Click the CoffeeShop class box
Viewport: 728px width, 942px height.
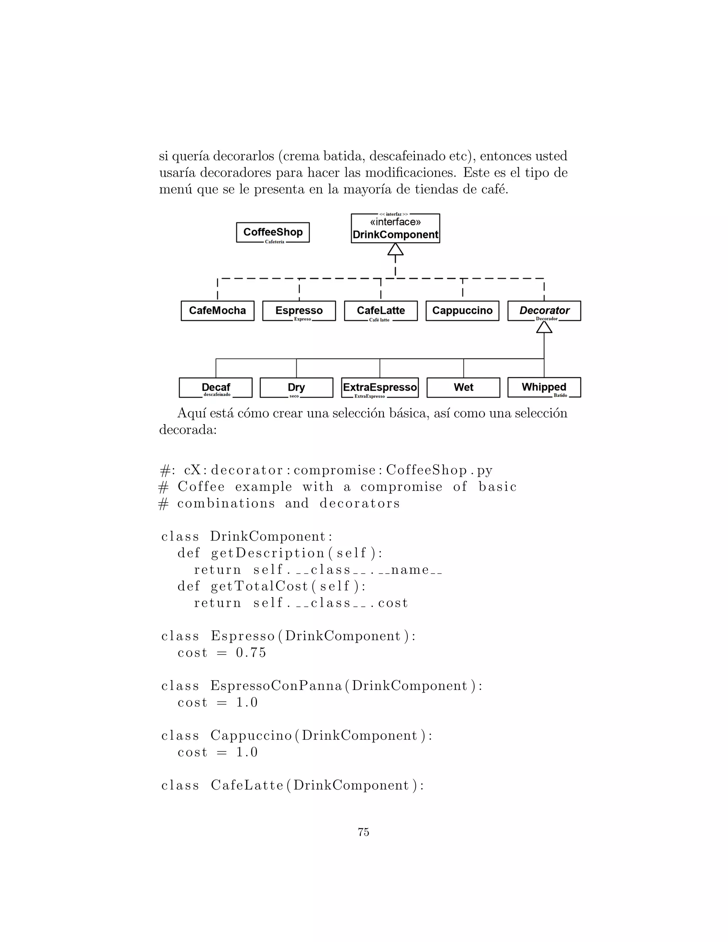click(x=273, y=232)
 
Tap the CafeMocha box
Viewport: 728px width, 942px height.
click(x=217, y=311)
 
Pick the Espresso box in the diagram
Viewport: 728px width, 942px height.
click(x=299, y=311)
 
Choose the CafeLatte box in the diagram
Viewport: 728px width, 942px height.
click(x=381, y=311)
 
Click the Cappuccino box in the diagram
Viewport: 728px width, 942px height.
click(x=462, y=311)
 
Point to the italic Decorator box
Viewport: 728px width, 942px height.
click(x=544, y=311)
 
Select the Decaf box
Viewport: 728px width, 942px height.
click(x=216, y=387)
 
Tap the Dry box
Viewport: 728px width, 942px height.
click(x=296, y=387)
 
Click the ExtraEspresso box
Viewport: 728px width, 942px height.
click(x=380, y=387)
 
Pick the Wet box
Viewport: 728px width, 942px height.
click(x=463, y=387)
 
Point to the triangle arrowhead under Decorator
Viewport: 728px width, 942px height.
click(x=544, y=328)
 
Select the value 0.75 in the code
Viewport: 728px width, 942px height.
click(x=251, y=653)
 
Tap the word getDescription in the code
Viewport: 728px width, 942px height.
click(x=267, y=553)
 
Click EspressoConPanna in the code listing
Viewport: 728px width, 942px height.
click(x=276, y=686)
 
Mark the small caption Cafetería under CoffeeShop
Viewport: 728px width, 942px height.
click(x=275, y=242)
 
